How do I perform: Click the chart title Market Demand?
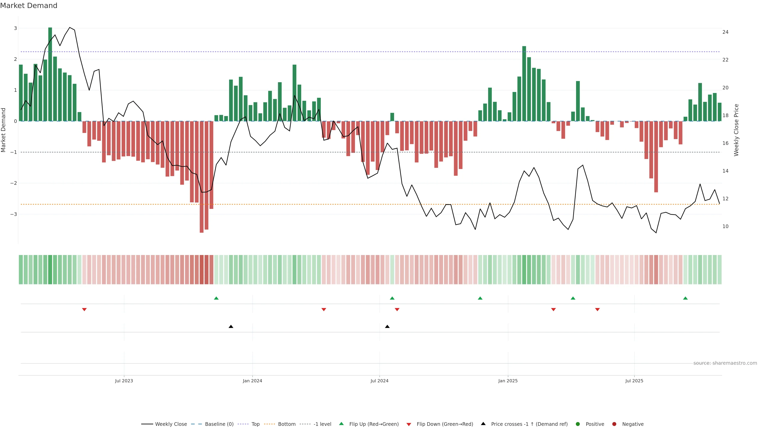[29, 6]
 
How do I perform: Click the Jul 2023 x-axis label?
[124, 381]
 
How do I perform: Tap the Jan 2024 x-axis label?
[252, 381]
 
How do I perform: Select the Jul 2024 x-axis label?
[379, 381]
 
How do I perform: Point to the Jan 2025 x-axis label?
[508, 381]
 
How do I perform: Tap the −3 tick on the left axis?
[13, 214]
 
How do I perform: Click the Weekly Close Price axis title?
[736, 130]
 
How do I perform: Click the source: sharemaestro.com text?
[725, 363]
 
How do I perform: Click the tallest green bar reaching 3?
[50, 74]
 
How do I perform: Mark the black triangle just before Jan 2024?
[231, 327]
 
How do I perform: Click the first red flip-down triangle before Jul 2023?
[84, 310]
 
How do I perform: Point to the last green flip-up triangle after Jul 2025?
[686, 298]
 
